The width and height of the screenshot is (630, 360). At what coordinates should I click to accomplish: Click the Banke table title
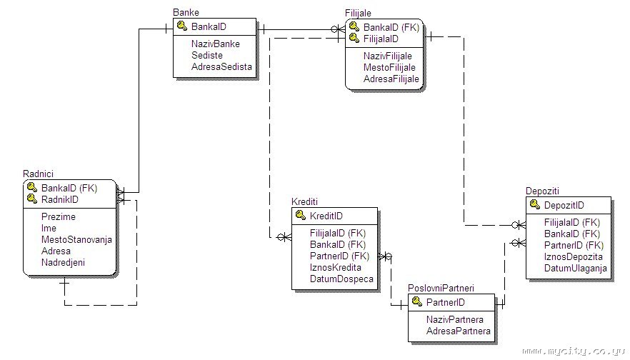point(186,12)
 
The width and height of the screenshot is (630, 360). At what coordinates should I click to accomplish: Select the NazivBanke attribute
point(215,44)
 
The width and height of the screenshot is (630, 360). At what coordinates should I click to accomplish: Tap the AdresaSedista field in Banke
point(221,67)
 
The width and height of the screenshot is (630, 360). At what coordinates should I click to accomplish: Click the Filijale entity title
point(358,14)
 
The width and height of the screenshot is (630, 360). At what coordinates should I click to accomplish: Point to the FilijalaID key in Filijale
point(381,39)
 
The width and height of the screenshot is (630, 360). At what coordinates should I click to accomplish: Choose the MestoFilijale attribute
point(389,67)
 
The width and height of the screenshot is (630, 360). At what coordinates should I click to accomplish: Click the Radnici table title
point(38,174)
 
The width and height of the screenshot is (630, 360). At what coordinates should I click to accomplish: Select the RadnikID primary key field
point(60,199)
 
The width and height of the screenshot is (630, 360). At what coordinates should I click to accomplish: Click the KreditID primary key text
point(326,216)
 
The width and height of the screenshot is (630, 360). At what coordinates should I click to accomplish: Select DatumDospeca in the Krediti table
point(341,279)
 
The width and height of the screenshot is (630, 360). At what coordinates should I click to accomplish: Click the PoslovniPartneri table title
point(441,288)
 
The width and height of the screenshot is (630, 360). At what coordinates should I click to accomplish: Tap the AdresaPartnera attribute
point(459,331)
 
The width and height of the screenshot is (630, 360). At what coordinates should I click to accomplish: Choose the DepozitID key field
point(564,206)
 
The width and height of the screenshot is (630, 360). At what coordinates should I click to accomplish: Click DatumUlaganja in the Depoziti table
point(575,268)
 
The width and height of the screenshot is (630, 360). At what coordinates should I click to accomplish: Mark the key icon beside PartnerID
point(417,302)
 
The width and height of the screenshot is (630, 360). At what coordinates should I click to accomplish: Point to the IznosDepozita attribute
point(573,256)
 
